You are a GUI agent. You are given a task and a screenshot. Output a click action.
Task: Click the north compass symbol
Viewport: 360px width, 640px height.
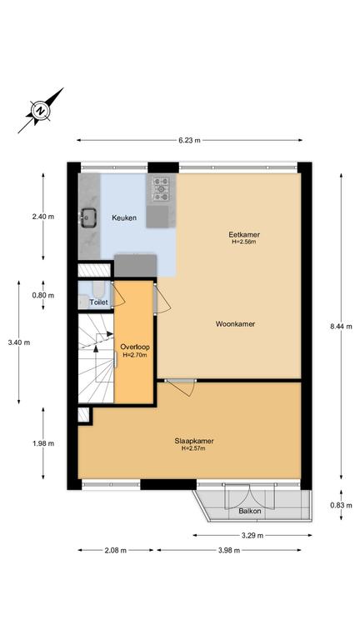pyautogui.click(x=40, y=110)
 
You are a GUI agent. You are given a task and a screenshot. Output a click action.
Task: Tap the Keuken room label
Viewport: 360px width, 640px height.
pyautogui.click(x=124, y=218)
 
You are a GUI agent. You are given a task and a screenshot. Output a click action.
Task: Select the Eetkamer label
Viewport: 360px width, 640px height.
pyautogui.click(x=244, y=235)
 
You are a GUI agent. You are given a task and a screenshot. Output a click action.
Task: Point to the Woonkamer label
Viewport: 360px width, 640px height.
pyautogui.click(x=236, y=324)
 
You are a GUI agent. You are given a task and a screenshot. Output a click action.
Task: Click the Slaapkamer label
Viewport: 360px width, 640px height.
pyautogui.click(x=194, y=441)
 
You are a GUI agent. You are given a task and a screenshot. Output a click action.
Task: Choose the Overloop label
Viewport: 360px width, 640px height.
pyautogui.click(x=135, y=347)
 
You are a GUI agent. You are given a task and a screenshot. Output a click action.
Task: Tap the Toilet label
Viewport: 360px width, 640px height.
pyautogui.click(x=99, y=302)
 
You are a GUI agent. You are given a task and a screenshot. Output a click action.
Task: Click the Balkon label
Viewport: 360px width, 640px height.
pyautogui.click(x=250, y=511)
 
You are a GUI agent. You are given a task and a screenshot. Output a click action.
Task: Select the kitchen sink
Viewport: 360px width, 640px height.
pyautogui.click(x=88, y=217)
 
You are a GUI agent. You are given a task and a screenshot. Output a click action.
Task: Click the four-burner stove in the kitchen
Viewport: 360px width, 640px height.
pyautogui.click(x=161, y=189)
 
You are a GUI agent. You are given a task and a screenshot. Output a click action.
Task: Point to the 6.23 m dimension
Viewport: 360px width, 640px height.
pyautogui.click(x=189, y=140)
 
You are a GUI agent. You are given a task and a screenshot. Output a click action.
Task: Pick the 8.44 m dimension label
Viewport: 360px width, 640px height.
pyautogui.click(x=341, y=327)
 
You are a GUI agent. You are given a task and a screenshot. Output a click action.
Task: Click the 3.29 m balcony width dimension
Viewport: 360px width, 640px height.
pyautogui.click(x=252, y=536)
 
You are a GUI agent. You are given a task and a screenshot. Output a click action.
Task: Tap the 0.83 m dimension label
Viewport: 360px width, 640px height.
pyautogui.click(x=341, y=505)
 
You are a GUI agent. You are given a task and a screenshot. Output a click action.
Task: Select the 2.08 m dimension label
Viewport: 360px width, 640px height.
pyautogui.click(x=115, y=550)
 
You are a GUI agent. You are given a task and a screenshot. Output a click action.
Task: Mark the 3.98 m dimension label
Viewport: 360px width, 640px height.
pyautogui.click(x=228, y=550)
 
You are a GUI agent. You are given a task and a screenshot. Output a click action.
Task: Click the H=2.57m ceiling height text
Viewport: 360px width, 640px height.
pyautogui.click(x=193, y=448)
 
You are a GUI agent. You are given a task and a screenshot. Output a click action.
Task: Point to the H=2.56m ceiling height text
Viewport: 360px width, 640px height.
pyautogui.click(x=244, y=242)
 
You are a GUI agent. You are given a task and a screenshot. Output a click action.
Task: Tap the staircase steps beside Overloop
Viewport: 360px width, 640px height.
pyautogui.click(x=96, y=358)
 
